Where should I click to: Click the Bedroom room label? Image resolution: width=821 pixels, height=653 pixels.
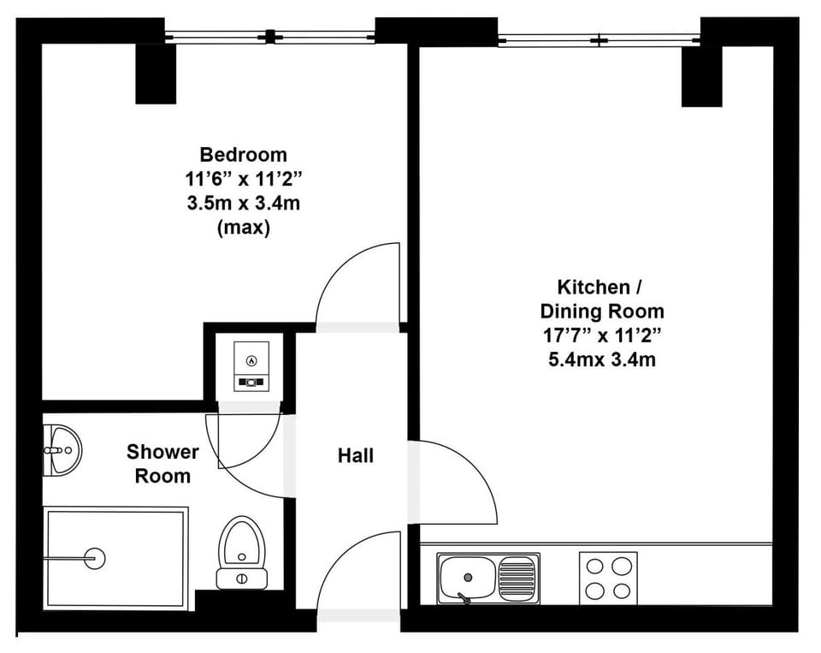pos(243,155)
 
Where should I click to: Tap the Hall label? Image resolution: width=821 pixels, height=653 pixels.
pos(355,456)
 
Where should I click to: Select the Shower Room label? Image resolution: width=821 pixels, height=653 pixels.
pos(162,463)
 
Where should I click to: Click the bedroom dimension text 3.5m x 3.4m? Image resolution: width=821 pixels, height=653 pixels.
pos(243,204)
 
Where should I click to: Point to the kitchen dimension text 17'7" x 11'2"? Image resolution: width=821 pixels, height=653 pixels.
pos(601,335)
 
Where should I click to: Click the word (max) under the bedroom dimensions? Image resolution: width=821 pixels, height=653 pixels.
pos(243,228)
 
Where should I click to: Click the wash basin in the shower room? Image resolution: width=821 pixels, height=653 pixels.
pos(61,449)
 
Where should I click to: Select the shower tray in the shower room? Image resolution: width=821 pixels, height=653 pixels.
pos(115,558)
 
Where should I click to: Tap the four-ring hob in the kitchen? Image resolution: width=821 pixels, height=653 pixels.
pos(609,577)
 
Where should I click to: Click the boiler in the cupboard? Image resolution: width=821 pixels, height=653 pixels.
pos(251,365)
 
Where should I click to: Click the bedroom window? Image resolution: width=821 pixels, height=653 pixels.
pos(270,36)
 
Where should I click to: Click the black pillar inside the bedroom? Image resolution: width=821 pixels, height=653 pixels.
pos(156,74)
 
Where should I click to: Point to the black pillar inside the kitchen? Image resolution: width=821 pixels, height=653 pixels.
pos(701,76)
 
